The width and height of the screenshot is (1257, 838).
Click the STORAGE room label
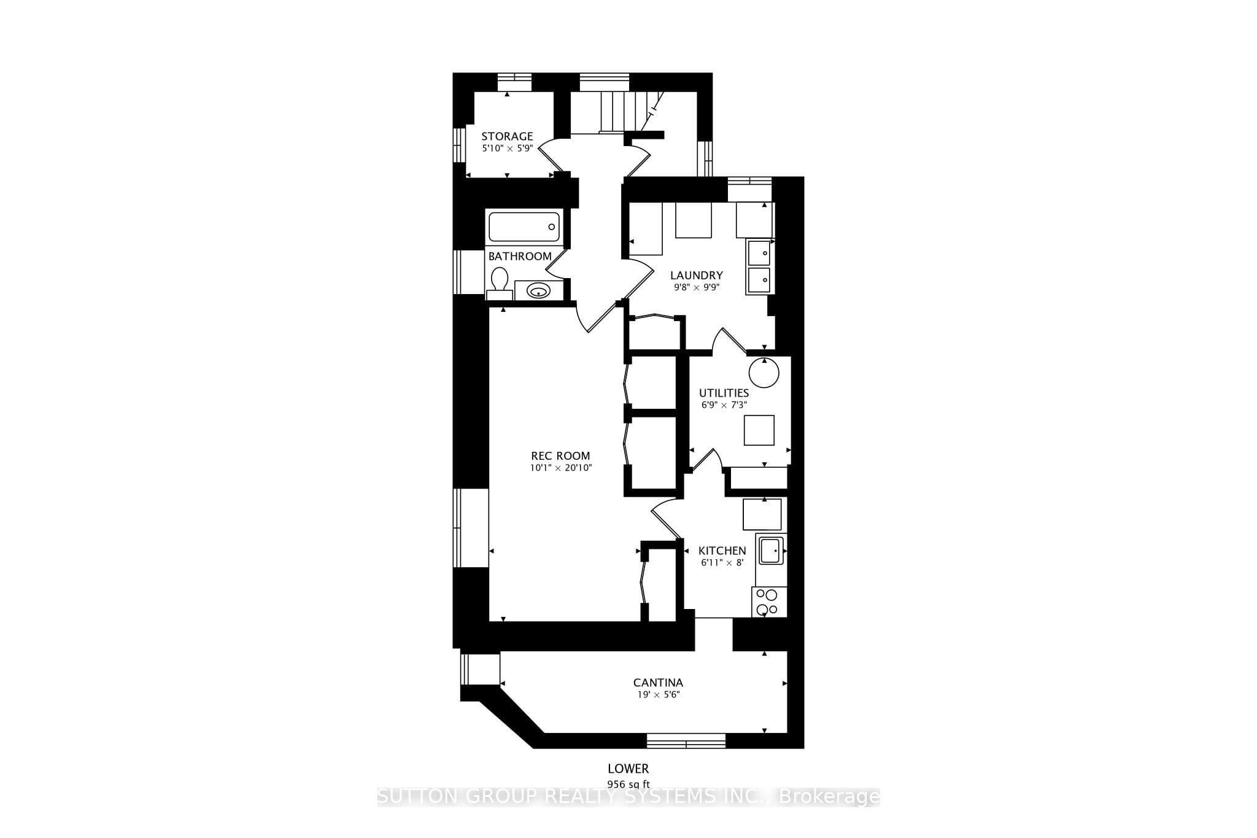click(x=507, y=136)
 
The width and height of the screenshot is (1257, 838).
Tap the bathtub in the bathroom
click(x=524, y=227)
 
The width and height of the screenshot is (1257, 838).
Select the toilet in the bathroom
click(x=499, y=283)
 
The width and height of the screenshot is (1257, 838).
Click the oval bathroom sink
click(x=538, y=290)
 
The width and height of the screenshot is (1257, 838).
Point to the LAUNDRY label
click(x=696, y=276)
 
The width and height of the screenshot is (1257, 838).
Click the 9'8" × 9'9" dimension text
click(x=696, y=287)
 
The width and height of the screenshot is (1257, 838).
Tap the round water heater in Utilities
click(x=764, y=373)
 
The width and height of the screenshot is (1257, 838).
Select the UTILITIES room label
click(x=724, y=393)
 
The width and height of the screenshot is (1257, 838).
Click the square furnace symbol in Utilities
click(x=759, y=430)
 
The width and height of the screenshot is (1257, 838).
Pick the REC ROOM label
click(x=560, y=456)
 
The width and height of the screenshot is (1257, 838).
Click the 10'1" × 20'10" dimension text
click(x=561, y=468)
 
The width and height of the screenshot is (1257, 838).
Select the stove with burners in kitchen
click(x=767, y=602)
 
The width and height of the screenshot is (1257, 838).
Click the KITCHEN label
click(x=722, y=551)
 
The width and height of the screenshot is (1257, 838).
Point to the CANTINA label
click(x=658, y=683)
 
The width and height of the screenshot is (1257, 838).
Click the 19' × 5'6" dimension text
click(x=658, y=694)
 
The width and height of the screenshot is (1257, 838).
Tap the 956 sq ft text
click(x=628, y=784)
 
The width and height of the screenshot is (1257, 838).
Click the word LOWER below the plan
click(x=628, y=769)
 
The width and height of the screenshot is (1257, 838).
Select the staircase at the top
click(x=617, y=112)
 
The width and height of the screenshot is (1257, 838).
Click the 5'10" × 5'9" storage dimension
click(x=507, y=148)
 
